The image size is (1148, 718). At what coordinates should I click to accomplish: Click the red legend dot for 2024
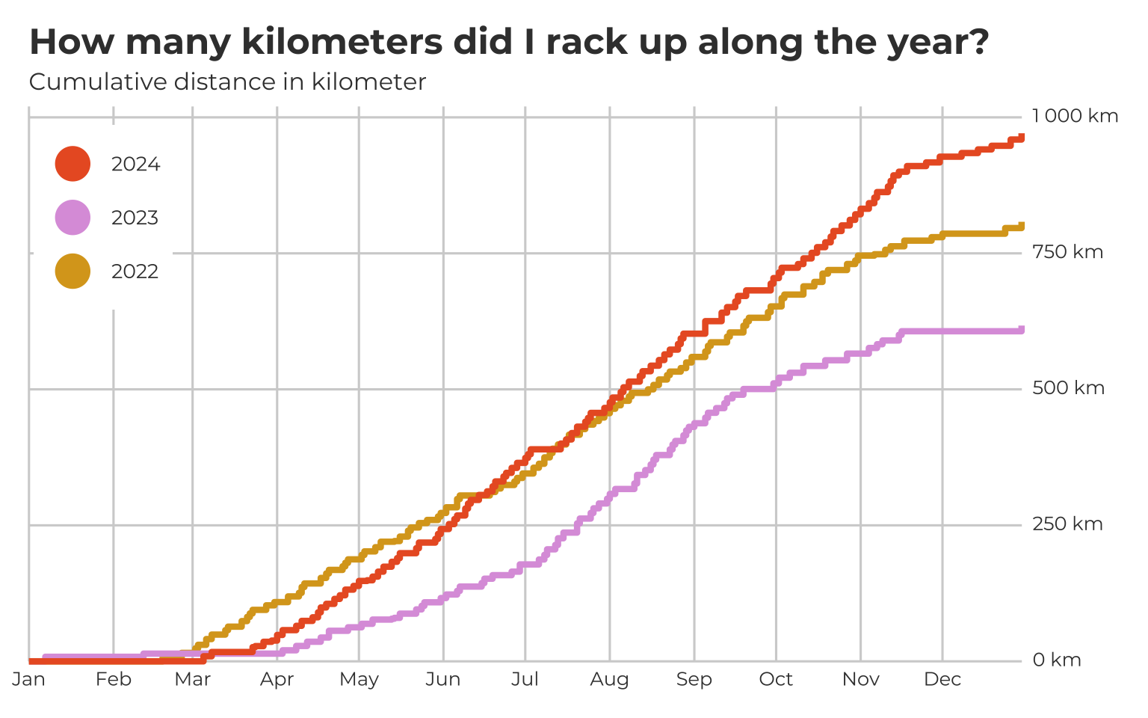click(x=72, y=164)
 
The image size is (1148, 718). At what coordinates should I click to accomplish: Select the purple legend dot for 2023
click(x=72, y=218)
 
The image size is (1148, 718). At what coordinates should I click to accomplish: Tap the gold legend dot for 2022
click(x=72, y=271)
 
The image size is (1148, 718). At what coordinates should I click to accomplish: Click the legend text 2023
click(x=135, y=218)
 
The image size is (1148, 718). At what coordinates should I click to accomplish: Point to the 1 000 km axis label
click(x=1075, y=116)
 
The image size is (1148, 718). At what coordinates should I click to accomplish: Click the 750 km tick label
click(x=1067, y=252)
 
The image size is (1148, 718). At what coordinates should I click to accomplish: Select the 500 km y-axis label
click(x=1068, y=388)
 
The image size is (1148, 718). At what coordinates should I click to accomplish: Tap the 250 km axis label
click(x=1067, y=524)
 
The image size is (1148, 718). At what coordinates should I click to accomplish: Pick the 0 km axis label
click(x=1057, y=660)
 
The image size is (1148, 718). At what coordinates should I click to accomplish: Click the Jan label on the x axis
click(x=28, y=679)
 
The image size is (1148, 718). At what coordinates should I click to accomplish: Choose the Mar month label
click(x=193, y=679)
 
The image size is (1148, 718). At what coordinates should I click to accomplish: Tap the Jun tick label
click(x=443, y=679)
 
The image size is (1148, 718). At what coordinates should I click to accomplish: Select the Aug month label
click(x=609, y=679)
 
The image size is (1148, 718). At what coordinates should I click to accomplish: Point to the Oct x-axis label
click(x=776, y=679)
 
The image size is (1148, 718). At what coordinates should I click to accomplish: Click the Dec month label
click(x=942, y=679)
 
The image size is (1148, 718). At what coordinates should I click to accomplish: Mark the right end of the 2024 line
click(x=1021, y=138)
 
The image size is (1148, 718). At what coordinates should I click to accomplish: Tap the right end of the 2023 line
click(x=1021, y=330)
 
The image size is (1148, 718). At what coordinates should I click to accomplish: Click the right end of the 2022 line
click(x=1021, y=226)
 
